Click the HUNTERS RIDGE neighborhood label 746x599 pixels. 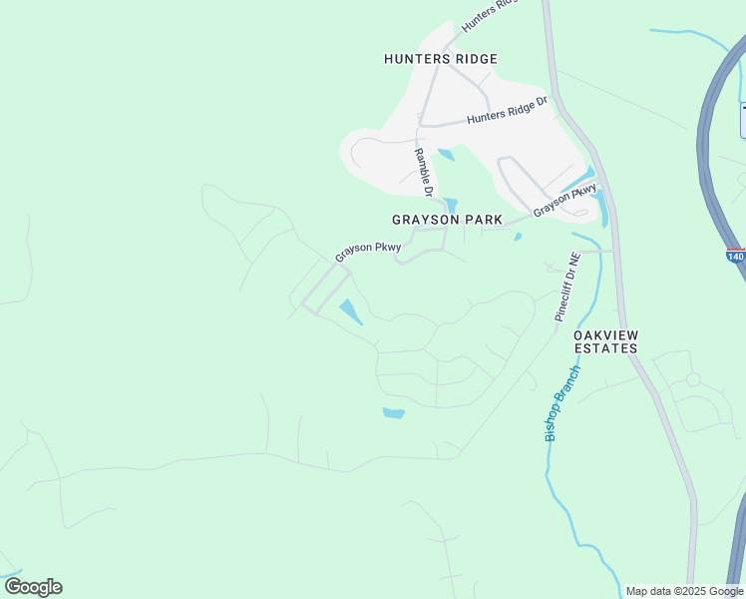pos(440,60)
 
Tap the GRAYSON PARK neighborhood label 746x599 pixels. pos(447,220)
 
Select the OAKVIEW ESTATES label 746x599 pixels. pos(605,341)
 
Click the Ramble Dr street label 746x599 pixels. pos(424,172)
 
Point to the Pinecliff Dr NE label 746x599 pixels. pos(565,287)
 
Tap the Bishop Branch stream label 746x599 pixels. pos(561,403)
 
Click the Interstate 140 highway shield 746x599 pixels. pos(736,257)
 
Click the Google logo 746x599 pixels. pos(33,587)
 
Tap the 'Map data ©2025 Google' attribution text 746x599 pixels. pos(684,591)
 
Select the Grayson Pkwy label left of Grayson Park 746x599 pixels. pos(368,252)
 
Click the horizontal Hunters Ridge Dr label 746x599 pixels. pos(508,111)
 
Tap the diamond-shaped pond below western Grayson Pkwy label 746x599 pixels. pos(350,311)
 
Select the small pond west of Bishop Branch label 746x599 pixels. pos(394,412)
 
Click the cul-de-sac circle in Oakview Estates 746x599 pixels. pos(693,379)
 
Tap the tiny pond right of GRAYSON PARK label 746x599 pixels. pos(518,237)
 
